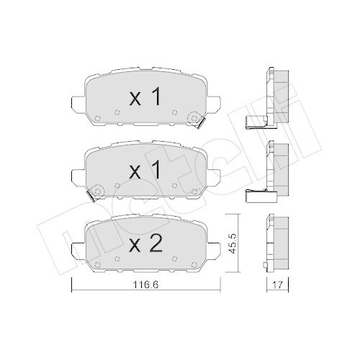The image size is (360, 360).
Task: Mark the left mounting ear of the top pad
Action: (78, 102)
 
